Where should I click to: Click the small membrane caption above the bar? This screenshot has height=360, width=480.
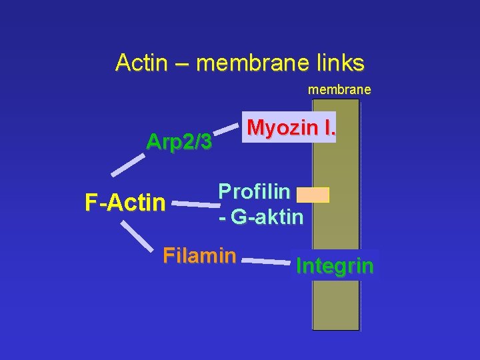click(x=339, y=89)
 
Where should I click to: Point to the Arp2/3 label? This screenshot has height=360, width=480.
click(x=179, y=142)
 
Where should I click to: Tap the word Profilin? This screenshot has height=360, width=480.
click(x=254, y=191)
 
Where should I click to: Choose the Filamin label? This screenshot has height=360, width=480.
click(x=199, y=255)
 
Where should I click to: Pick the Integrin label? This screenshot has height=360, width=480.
click(x=335, y=266)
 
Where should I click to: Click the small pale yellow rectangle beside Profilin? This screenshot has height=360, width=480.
click(x=313, y=195)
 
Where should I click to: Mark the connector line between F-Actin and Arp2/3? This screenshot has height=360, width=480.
click(x=128, y=165)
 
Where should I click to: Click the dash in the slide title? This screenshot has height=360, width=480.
click(x=183, y=63)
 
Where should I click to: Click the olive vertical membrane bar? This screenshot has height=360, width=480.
click(x=336, y=300)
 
